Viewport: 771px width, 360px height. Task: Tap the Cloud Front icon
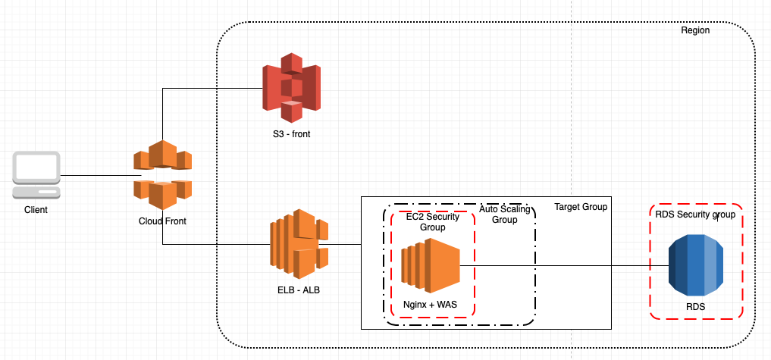pyautogui.click(x=162, y=175)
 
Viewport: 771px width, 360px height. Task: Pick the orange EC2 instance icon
pyautogui.click(x=431, y=265)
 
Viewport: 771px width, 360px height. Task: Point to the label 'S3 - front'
pyautogui.click(x=292, y=134)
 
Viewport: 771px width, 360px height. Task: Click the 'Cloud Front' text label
pyautogui.click(x=162, y=221)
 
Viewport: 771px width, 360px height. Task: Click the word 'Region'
pyautogui.click(x=695, y=31)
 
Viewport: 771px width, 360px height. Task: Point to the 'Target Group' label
pyautogui.click(x=581, y=207)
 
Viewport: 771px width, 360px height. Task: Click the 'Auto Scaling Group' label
pyautogui.click(x=504, y=214)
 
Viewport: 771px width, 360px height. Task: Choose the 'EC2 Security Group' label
pyautogui.click(x=432, y=222)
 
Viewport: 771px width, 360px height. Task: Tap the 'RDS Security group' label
pyautogui.click(x=695, y=214)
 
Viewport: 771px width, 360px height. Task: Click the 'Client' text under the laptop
pyautogui.click(x=36, y=210)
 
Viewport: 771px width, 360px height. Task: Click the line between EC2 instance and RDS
pyautogui.click(x=561, y=265)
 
